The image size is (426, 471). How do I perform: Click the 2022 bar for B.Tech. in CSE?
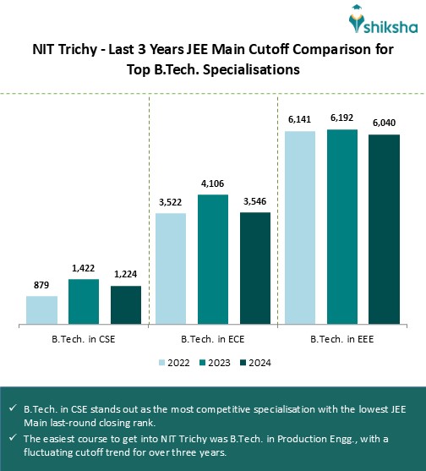pyautogui.click(x=41, y=309)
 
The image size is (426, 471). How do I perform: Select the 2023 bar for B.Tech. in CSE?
pyautogui.click(x=84, y=301)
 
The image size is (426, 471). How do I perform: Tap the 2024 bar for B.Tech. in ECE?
pyautogui.click(x=255, y=267)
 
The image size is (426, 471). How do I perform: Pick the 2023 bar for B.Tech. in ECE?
pyautogui.click(x=213, y=259)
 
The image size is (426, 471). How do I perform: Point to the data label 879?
pyautogui.click(x=41, y=286)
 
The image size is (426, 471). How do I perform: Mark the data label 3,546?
pyautogui.click(x=255, y=202)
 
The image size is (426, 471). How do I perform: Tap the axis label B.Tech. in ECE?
pyautogui.click(x=213, y=339)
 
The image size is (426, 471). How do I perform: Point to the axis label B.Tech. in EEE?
pyautogui.click(x=341, y=339)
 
